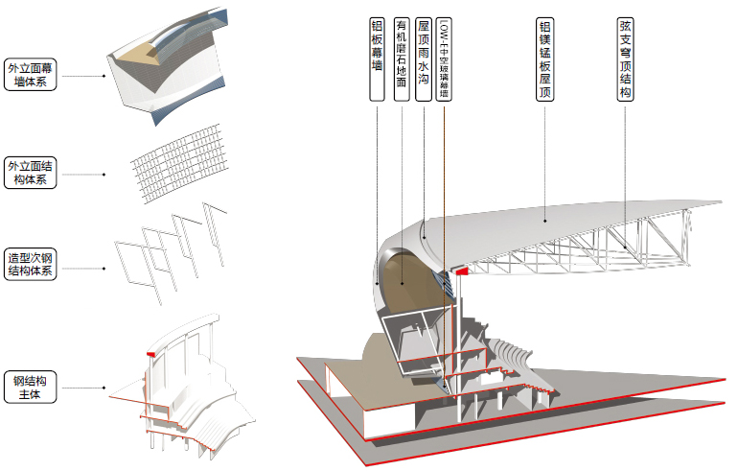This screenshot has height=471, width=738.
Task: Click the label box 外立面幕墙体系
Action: point(30,75)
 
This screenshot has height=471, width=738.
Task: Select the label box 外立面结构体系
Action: point(30,173)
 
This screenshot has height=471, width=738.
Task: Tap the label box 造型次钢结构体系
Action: point(30,264)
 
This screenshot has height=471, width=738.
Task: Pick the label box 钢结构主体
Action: point(30,388)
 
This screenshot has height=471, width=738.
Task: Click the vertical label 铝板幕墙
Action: point(377,59)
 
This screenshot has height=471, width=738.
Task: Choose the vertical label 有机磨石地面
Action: point(402,59)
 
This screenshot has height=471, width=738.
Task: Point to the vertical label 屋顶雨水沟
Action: point(424,59)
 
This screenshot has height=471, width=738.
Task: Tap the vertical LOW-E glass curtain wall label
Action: point(444,59)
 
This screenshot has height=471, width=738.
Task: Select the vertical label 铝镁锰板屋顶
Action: point(544,59)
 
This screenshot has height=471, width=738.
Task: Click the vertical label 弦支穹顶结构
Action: point(625,59)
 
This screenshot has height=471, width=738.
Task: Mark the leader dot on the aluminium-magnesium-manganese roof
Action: point(545,221)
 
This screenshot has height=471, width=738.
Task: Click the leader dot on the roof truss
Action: point(625,247)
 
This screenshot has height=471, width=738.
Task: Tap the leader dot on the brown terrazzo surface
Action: point(402,283)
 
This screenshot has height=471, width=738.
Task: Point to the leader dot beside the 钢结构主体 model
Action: point(104,389)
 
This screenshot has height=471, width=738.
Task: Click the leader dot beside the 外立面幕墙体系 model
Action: point(104,76)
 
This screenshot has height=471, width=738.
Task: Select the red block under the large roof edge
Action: point(462,271)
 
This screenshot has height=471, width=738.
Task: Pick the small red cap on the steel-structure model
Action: point(151,354)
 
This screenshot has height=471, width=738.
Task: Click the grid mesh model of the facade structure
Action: point(180,163)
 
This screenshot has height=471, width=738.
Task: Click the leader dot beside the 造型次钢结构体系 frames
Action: point(104,269)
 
